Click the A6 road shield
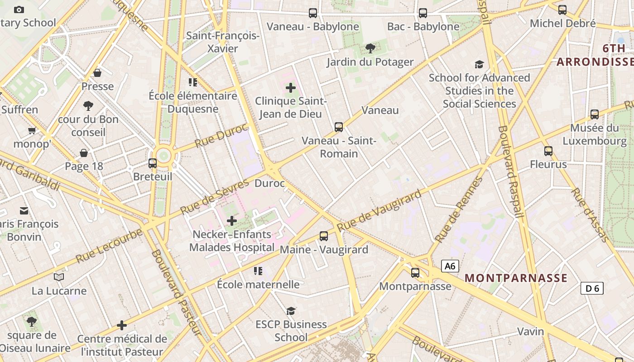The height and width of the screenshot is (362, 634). pos(450,266)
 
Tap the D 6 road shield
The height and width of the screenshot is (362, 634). pos(592,288)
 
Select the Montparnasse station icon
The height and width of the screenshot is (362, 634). pos(415,273)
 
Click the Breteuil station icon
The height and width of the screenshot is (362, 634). pos(153,163)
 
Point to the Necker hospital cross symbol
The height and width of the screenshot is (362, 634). pos(232,221)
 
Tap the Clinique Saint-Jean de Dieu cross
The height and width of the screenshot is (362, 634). pos(291,88)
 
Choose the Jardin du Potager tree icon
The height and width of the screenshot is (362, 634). pos(370,48)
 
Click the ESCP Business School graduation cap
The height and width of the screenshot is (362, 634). pos(291,311)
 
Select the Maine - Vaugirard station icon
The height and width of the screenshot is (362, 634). pos(324,236)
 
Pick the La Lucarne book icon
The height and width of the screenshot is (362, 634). pos(59,277)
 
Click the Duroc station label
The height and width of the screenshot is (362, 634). pos(270,183)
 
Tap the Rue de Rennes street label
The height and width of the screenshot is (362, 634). pos(458,210)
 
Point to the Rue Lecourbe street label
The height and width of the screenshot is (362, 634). pos(109,246)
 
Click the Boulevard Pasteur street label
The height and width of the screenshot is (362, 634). pos(176,292)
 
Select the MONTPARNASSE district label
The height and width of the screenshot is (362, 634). pos(516,278)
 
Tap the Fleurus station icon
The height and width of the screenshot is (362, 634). pos(548,151)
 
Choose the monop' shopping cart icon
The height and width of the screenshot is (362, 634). pos(32,131)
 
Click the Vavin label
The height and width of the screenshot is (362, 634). pos(531,332)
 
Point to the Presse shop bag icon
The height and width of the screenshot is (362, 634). pos(97,73)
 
